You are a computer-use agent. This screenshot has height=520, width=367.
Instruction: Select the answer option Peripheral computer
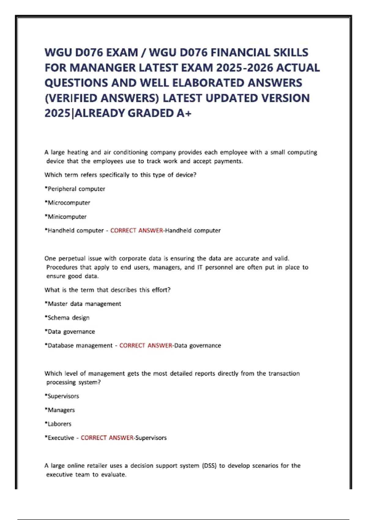76,189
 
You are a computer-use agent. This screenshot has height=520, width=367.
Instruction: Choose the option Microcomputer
69,202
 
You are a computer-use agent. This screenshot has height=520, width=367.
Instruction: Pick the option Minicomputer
67,217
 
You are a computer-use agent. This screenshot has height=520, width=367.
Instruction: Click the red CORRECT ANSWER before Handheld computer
137,230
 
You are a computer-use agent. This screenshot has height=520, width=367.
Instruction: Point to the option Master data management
84,304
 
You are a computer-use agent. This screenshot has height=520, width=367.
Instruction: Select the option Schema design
69,318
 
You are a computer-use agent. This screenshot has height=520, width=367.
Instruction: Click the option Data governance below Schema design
71,332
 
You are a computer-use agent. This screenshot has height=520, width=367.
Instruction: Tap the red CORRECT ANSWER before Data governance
146,345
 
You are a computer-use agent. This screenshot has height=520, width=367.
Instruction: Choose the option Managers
61,410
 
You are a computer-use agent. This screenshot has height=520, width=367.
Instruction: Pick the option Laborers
59,424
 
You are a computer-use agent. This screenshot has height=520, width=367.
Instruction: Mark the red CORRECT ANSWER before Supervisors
107,438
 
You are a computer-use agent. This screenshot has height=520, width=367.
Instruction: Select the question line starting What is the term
107,290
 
